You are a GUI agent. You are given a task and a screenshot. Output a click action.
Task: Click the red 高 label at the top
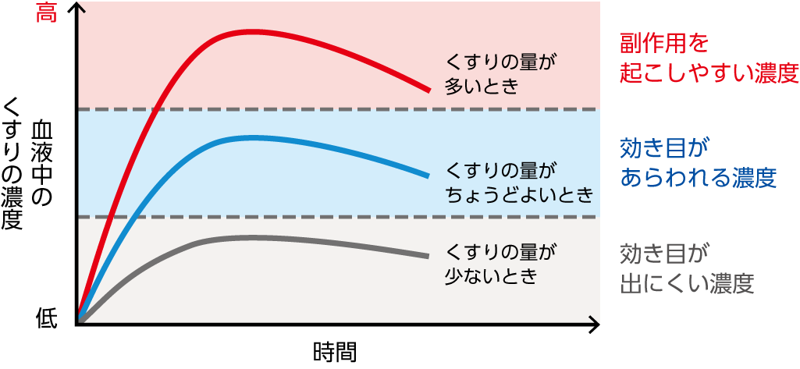tap(46, 13)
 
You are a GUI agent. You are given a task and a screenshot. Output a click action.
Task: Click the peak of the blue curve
tap(250, 137)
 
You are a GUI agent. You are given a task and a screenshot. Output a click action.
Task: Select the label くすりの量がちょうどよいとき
tap(519, 182)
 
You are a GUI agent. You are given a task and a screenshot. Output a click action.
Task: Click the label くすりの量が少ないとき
tap(503, 264)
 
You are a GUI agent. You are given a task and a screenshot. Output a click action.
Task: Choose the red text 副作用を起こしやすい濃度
tap(709, 59)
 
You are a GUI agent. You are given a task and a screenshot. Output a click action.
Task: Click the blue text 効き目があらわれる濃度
tap(698, 164)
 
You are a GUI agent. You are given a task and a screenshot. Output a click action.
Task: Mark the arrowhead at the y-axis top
tap(76, 8)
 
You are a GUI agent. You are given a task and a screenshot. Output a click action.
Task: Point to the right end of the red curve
tap(428, 90)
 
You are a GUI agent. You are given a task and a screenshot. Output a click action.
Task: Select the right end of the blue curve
tap(428, 175)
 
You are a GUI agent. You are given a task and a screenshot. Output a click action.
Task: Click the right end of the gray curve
tap(428, 256)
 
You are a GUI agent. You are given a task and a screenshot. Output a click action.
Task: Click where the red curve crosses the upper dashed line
tap(157, 109)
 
